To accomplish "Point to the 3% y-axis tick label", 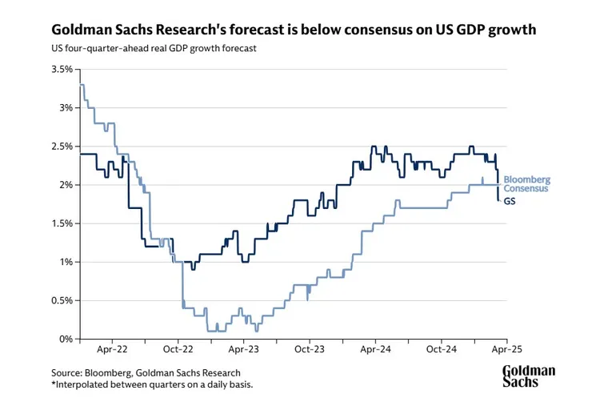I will [x=66, y=107].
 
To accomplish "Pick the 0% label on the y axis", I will [x=66, y=339].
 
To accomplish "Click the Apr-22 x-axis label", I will [x=113, y=350].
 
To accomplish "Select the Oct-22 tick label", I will [x=178, y=350].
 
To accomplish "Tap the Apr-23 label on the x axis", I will [x=243, y=350].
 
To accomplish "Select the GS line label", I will [x=510, y=200].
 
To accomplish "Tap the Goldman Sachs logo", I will [x=528, y=376].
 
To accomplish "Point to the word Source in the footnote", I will [x=68, y=372].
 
